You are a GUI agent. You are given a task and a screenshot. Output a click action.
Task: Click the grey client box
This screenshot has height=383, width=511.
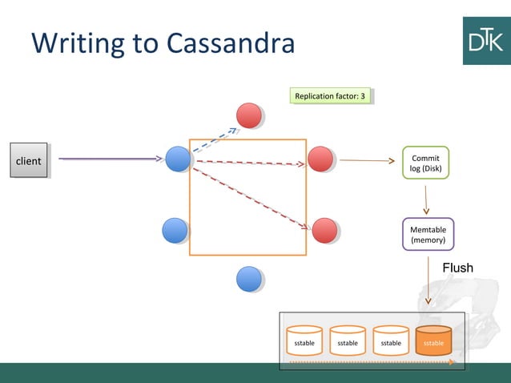(28, 160)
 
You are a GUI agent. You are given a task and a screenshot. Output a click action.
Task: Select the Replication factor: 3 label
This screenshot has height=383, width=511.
(330, 96)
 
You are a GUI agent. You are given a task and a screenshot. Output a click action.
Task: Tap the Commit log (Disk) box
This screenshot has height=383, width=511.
(425, 163)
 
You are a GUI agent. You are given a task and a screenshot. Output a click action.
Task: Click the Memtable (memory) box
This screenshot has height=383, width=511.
(428, 234)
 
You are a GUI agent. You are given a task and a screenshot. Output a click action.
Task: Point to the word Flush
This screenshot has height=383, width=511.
(457, 268)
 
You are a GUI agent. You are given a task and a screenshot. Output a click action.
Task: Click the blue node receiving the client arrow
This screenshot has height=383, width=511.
(177, 159)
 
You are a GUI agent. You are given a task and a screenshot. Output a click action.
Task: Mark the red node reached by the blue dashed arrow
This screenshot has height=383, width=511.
(249, 115)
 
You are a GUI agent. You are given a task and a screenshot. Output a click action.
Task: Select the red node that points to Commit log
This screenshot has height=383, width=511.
(320, 159)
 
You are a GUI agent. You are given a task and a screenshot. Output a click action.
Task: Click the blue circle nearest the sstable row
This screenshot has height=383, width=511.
(249, 278)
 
